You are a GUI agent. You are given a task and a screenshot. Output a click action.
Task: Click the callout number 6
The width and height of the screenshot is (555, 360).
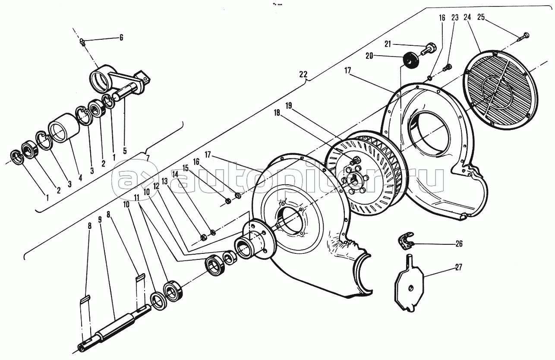pos(121,38)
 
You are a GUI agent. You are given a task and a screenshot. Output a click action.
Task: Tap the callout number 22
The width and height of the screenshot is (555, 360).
pos(303,74)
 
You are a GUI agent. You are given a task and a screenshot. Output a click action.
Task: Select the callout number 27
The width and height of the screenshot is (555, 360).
pos(459,268)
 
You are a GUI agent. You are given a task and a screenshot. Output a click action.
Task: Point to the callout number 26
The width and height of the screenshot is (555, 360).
pos(459,244)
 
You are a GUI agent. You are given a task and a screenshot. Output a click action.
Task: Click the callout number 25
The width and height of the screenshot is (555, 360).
pos(481,17)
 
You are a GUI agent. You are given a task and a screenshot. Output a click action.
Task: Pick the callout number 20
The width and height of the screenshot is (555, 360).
pos(369,56)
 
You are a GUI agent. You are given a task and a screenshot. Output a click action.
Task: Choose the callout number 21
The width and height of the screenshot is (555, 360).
pos(388,44)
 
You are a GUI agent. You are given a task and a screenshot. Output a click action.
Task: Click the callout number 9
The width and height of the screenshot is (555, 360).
pos(100,219)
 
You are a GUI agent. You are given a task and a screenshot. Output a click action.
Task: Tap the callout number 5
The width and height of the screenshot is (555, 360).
pos(125,151)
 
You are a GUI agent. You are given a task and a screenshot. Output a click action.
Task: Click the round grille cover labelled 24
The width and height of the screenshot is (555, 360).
pos(501,88)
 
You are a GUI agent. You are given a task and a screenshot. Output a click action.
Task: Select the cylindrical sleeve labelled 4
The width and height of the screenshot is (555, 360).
pos(64,128)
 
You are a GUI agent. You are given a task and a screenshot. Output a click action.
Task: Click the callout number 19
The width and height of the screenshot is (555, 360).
pos(289,106)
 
